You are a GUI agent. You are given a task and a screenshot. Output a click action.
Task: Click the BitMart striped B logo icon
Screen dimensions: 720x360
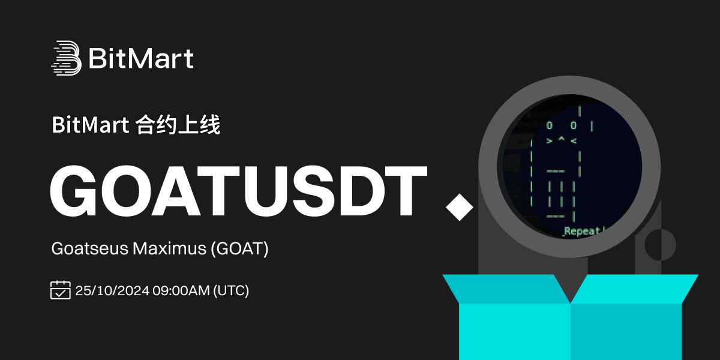(67, 58)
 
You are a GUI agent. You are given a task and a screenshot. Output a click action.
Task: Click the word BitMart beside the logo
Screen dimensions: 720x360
(141, 58)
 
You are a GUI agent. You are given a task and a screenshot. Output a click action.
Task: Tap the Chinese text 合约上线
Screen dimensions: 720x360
(178, 125)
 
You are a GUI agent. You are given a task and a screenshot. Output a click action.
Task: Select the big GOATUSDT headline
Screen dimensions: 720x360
(239, 191)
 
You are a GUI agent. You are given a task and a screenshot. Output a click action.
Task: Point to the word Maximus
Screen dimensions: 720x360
(169, 249)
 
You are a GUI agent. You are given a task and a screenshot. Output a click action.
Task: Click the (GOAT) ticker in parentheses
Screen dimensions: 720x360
(240, 249)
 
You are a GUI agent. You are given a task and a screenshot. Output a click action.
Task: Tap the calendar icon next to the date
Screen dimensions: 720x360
(61, 290)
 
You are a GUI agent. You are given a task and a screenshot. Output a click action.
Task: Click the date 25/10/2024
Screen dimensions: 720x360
(112, 290)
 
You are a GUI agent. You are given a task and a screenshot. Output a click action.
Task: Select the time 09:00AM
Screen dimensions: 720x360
(181, 290)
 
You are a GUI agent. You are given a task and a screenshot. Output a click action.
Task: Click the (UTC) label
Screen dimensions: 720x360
(231, 291)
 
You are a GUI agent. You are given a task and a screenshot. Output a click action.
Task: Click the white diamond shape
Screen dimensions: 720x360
(460, 208)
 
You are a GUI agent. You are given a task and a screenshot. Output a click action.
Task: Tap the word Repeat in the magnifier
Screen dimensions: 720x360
(582, 231)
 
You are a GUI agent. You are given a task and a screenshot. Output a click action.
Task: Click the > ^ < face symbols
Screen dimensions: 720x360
(562, 140)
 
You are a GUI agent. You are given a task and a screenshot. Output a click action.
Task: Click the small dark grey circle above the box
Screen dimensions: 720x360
(660, 245)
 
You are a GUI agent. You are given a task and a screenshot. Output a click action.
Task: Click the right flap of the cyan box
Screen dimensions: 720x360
(633, 289)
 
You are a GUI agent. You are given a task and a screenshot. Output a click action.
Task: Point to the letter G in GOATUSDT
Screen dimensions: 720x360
(74, 191)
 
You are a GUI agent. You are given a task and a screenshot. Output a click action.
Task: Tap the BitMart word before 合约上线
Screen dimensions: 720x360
(91, 125)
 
